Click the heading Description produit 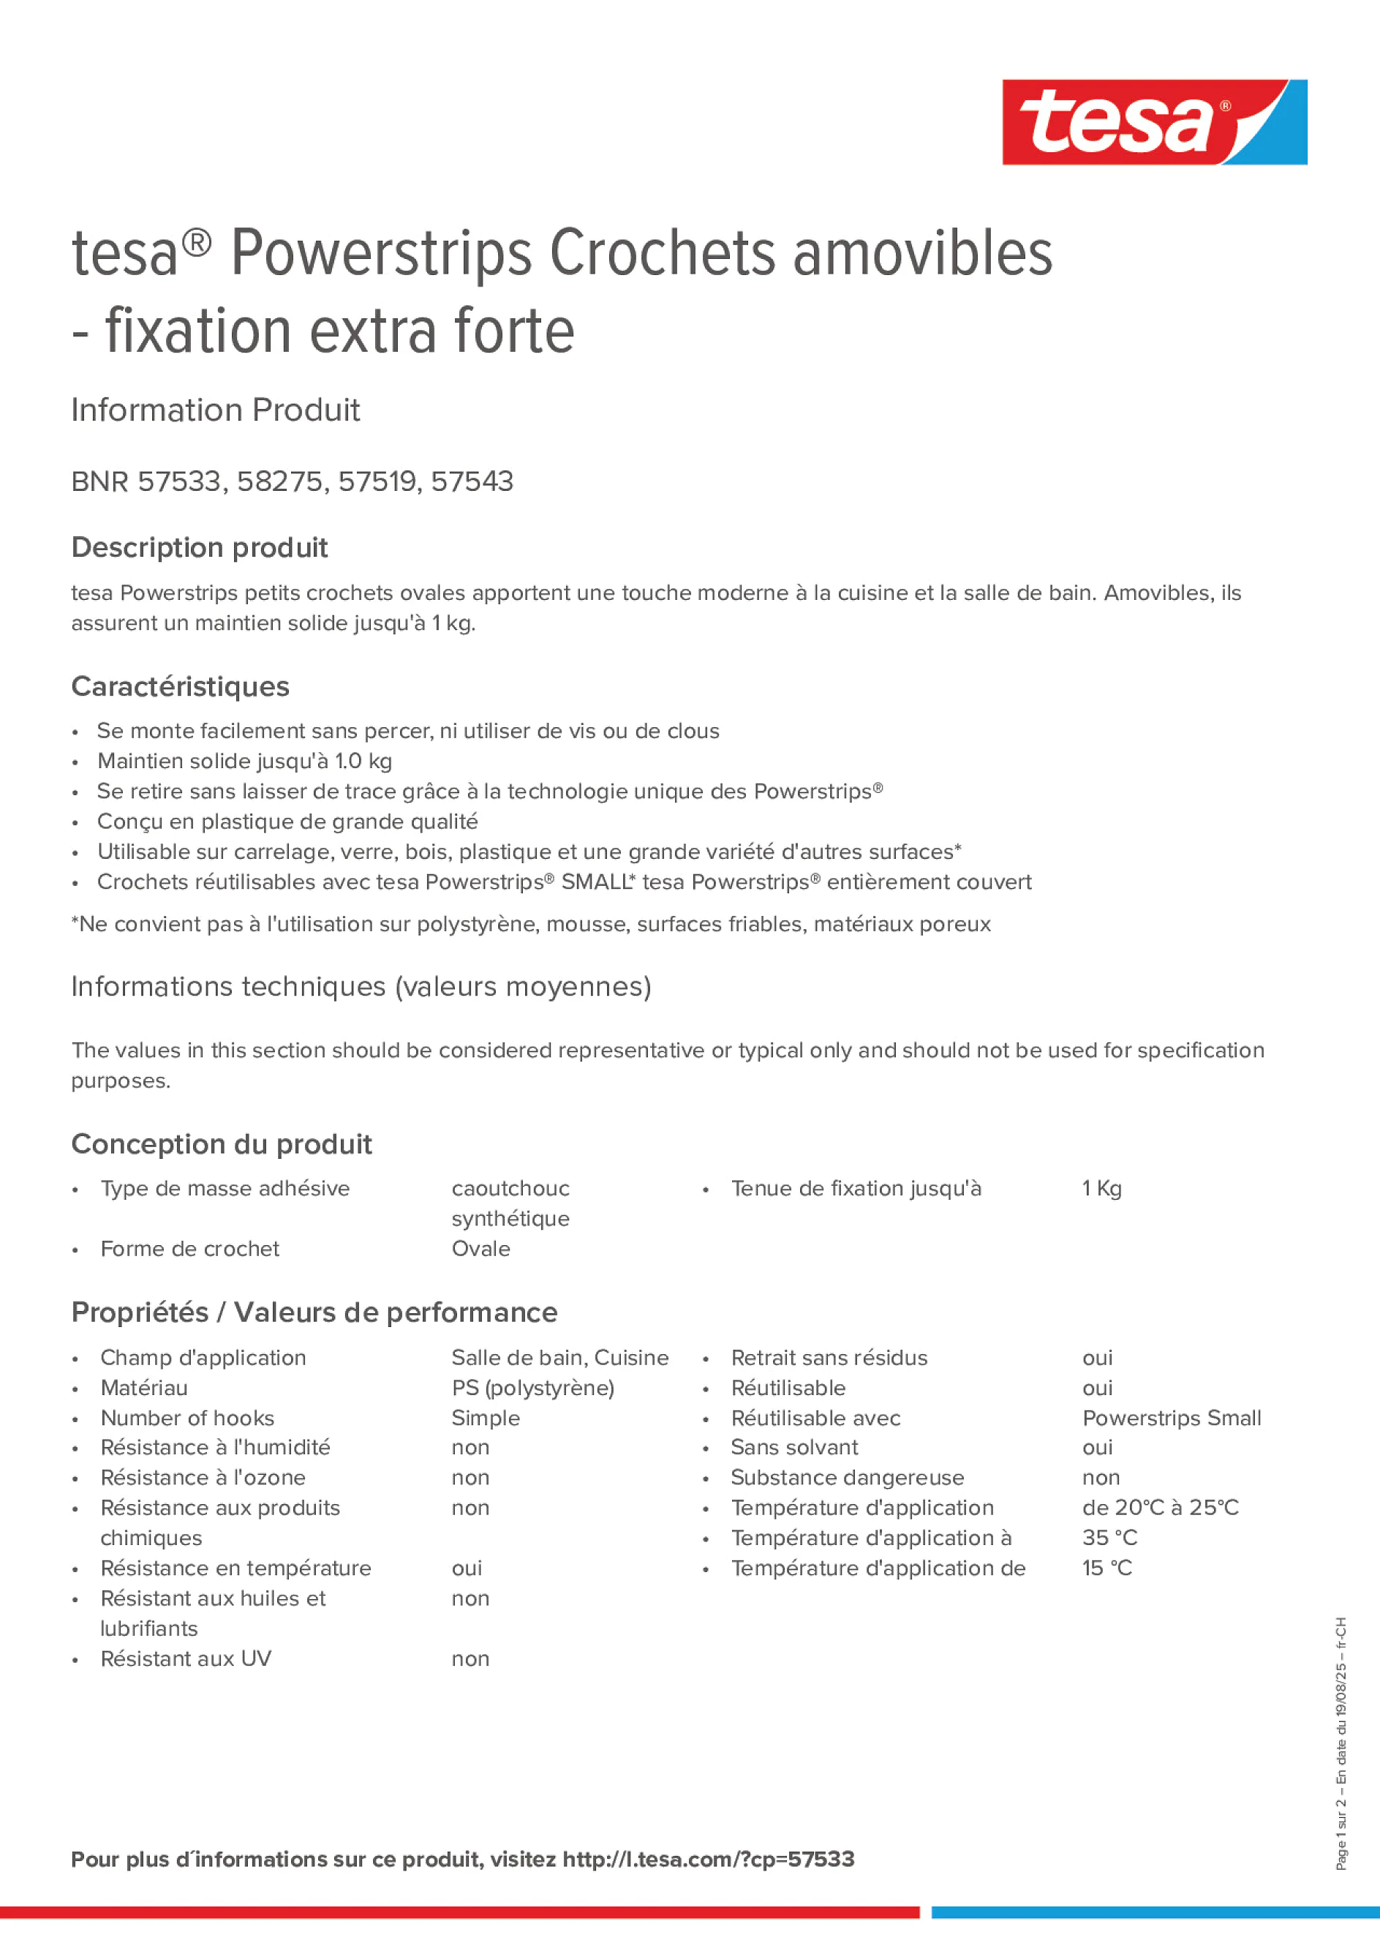[x=199, y=547]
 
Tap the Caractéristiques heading [x=181, y=686]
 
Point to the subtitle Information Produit [x=215, y=410]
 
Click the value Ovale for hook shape [x=480, y=1249]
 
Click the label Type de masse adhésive [x=225, y=1188]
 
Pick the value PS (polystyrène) [x=532, y=1388]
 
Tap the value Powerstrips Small [x=1171, y=1418]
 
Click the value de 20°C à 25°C [x=1160, y=1507]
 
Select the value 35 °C [x=1109, y=1538]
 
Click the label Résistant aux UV [x=186, y=1658]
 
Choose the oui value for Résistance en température [x=467, y=1568]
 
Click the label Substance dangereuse [x=847, y=1478]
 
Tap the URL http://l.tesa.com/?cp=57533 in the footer [x=708, y=1859]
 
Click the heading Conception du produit [x=221, y=1144]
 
